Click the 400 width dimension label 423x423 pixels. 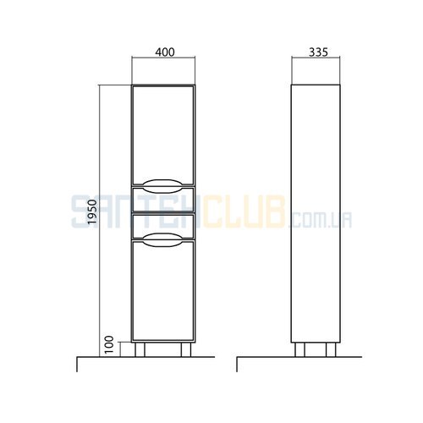pyautogui.click(x=165, y=52)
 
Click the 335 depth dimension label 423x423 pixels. pyautogui.click(x=318, y=52)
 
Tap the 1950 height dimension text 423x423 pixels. pyautogui.click(x=92, y=211)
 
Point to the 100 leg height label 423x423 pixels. pyautogui.click(x=108, y=344)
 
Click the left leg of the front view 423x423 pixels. pyautogui.click(x=140, y=349)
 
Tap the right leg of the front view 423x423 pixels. pyautogui.click(x=186, y=349)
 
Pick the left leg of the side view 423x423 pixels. pyautogui.click(x=300, y=349)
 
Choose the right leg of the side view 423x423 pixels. pyautogui.click(x=331, y=349)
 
